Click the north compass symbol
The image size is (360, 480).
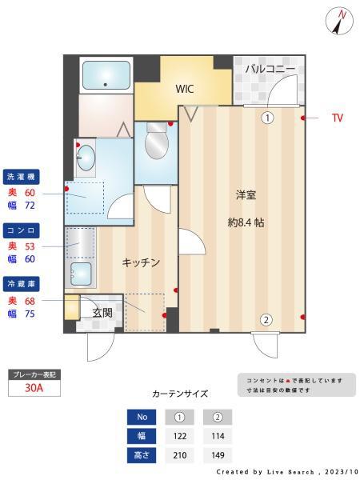pos(337,22)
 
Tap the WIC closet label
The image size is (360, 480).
pos(184,89)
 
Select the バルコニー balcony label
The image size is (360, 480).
pos(270,69)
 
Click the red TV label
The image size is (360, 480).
pos(338,118)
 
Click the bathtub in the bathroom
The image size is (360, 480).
pos(106,75)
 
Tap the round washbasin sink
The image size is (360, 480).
pos(86,158)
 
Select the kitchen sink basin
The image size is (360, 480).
pos(81,274)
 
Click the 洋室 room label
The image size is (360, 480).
pos(246,195)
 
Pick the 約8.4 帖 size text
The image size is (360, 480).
pos(246,222)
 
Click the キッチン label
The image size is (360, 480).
pos(141,262)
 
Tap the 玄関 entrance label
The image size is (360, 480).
pos(102,313)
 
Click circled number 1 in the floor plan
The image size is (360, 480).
pos(267,118)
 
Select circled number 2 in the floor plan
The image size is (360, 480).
pos(266,320)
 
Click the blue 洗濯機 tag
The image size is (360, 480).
pos(21,177)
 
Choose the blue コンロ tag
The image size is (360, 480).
pos(21,230)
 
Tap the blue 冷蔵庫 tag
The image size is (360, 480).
pos(21,284)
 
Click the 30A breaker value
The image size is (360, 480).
pos(34,388)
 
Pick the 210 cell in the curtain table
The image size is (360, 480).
pos(180,455)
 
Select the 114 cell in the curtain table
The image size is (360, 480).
pos(218,436)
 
